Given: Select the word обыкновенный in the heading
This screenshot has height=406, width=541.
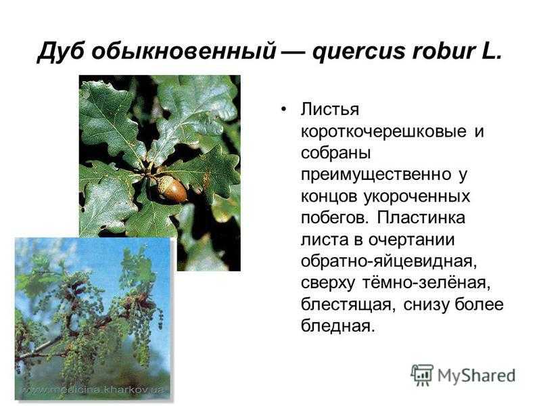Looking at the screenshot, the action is (x=184, y=53).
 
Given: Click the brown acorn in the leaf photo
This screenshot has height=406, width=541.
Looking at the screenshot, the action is (x=172, y=189).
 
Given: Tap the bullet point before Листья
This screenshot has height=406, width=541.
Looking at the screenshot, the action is (x=283, y=110).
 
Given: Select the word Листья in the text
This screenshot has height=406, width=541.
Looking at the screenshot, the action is (x=330, y=110).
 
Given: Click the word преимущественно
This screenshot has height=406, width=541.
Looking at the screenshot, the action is (x=376, y=175).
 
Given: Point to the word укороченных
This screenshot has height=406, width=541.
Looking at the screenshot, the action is (x=417, y=197).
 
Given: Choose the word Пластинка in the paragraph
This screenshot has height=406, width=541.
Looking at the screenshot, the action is (x=421, y=218).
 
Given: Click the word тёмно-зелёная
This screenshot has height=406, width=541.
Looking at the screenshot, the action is (x=426, y=283).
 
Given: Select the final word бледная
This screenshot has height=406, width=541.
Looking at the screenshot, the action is (x=337, y=326).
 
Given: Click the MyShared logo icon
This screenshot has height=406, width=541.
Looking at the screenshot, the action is (x=421, y=374).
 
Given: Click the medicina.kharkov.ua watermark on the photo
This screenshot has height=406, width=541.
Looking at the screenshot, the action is (x=93, y=390).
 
